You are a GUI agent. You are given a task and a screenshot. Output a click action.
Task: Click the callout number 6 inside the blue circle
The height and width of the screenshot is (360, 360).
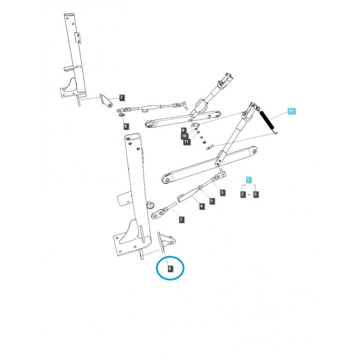[170, 269]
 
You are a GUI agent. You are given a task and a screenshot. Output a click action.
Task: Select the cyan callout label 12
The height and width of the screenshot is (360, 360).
[291, 111]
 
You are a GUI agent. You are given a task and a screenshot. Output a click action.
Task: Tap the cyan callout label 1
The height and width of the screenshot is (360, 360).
[249, 180]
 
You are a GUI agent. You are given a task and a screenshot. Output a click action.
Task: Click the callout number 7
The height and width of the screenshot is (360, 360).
[121, 97]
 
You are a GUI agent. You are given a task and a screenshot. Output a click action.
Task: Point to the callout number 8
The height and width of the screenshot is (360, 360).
[126, 126]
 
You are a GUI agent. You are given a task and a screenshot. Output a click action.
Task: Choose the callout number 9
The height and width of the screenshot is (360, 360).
[184, 130]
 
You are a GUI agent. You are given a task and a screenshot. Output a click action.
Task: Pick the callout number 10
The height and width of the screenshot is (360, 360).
[184, 136]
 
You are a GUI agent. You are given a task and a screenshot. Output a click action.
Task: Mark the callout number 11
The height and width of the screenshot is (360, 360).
[186, 142]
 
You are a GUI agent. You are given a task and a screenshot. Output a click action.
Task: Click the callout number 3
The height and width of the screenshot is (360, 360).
[222, 193]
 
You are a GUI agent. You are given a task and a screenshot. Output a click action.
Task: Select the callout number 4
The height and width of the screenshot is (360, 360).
[202, 207]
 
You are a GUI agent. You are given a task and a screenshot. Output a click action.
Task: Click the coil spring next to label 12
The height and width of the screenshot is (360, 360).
[269, 121]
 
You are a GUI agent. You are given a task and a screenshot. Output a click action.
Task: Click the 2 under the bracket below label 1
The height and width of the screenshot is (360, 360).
[243, 194]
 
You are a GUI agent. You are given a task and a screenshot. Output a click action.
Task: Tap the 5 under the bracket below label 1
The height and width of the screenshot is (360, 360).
[256, 194]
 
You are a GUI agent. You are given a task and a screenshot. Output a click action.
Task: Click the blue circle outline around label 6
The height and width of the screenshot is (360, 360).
[157, 269]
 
